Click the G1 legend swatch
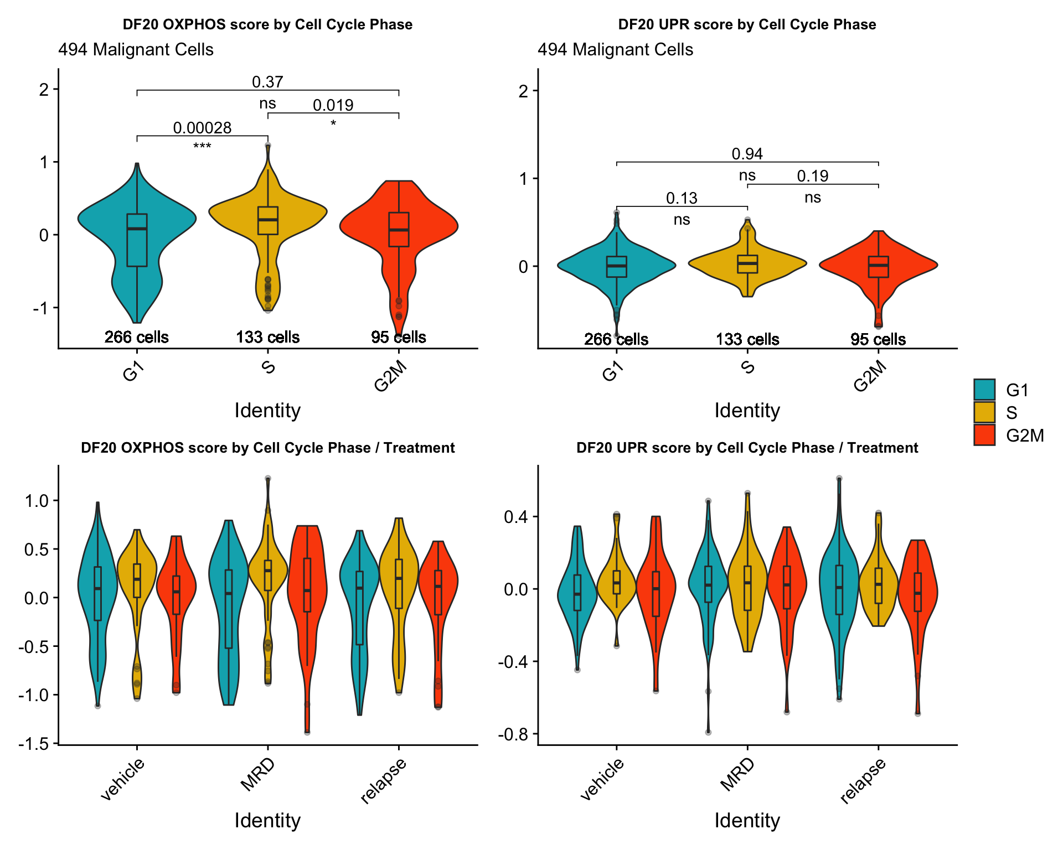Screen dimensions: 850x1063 point(984,390)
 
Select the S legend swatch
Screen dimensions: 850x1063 point(984,412)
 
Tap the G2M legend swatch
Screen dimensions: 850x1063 point(984,435)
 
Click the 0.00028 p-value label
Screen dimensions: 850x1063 point(202,128)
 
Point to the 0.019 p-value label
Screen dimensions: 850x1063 point(333,105)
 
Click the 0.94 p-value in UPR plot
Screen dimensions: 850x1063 point(747,154)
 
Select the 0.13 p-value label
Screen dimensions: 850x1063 point(682,198)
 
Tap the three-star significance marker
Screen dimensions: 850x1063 point(202,147)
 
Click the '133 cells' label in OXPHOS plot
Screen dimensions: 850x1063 point(268,337)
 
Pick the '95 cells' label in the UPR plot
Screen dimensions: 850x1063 point(878,339)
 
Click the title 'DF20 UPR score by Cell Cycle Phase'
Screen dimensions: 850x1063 point(747,24)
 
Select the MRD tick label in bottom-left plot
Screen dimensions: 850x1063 point(258,774)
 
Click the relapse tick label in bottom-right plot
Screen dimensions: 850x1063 point(864,780)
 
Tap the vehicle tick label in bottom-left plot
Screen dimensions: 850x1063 point(123,779)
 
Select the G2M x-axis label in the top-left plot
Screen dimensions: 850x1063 point(391,376)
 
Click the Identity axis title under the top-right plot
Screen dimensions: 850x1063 point(747,411)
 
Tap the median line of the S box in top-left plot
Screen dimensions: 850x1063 point(268,220)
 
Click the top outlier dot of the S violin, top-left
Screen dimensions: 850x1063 point(268,146)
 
